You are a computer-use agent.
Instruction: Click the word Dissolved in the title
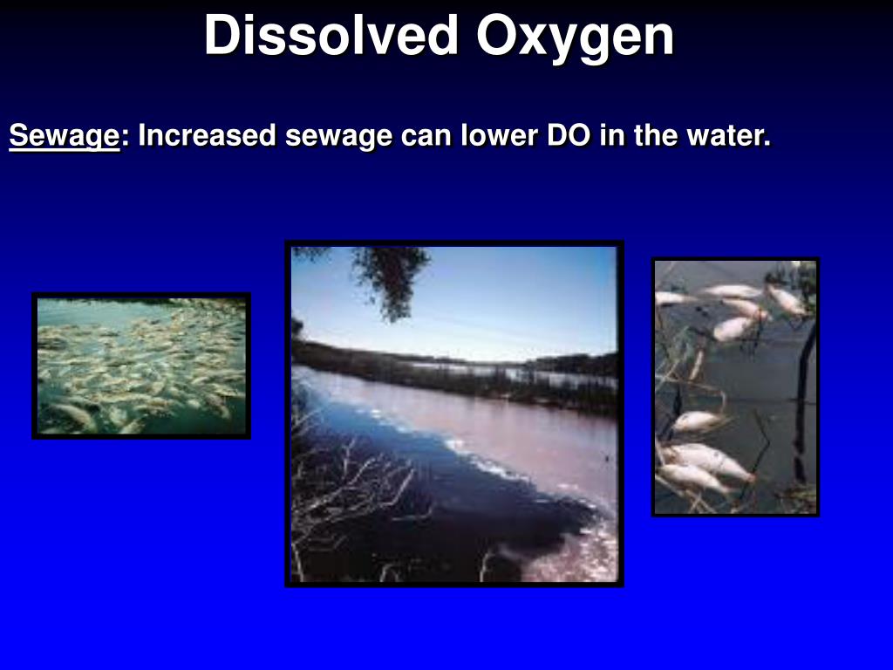coord(331,37)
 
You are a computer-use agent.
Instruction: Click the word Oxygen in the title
coord(576,37)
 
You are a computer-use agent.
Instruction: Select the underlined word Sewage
coord(64,136)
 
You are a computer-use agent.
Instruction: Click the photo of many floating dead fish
coord(141,366)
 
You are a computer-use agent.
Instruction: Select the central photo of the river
coord(454,414)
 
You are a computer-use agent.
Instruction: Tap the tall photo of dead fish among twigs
coord(735,386)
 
